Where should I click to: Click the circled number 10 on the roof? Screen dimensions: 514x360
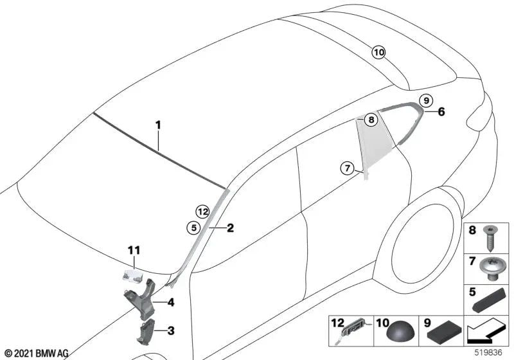coord(378,52)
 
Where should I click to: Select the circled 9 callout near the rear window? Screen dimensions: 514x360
coord(426,100)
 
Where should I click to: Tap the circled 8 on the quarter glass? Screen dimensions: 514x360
coord(371,120)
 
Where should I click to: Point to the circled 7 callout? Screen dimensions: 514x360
coord(348,168)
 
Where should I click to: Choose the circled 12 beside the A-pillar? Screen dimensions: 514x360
coord(203,212)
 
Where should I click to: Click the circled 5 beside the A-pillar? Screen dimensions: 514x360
coord(194,228)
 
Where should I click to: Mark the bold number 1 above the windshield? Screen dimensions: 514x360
coord(158,125)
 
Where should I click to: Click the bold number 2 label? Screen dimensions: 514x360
coord(231,228)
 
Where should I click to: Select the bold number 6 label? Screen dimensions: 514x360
coord(441,112)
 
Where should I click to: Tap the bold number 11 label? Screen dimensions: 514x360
coord(134,251)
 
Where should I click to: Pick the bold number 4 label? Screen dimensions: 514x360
coord(171,302)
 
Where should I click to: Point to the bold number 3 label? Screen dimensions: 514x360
coord(171,331)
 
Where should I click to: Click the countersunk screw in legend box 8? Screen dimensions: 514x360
coord(490,238)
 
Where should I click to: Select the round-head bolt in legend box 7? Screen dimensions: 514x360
coord(490,269)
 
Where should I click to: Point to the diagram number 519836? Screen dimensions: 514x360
coord(488,352)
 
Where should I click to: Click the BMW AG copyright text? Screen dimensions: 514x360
coord(37,354)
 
